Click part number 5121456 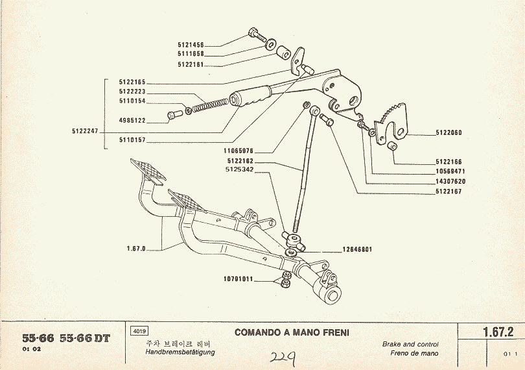click(191, 45)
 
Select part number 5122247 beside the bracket click(85, 130)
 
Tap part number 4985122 click(132, 120)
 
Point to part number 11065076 click(240, 150)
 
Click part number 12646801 click(356, 249)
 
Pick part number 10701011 click(237, 280)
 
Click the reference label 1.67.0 click(136, 248)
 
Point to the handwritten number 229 click(283, 358)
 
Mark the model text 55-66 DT click(84, 338)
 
